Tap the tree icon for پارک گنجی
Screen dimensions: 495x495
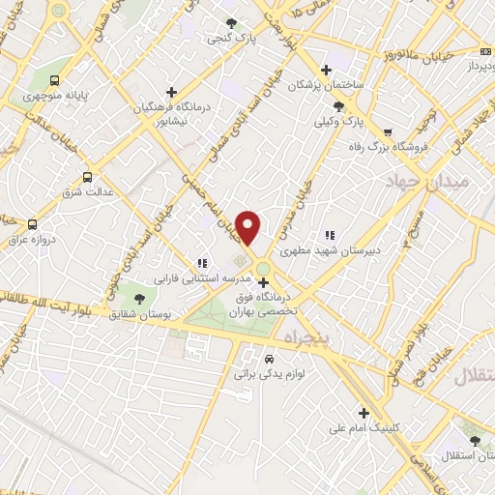[x=230, y=22]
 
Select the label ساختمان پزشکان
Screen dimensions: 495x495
[x=329, y=85]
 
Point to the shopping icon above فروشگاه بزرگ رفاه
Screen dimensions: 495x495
[x=388, y=131]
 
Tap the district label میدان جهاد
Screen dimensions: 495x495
[x=425, y=181]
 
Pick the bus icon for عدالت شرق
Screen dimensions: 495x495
[x=88, y=177]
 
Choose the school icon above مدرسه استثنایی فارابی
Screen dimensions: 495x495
[x=202, y=262]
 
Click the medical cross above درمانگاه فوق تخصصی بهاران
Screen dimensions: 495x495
[x=263, y=282]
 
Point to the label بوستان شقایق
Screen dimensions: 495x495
[x=136, y=315]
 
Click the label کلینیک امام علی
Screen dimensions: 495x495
[x=364, y=425]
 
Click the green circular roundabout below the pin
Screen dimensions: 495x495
[x=263, y=268]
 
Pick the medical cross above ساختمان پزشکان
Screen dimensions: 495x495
[x=326, y=70]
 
